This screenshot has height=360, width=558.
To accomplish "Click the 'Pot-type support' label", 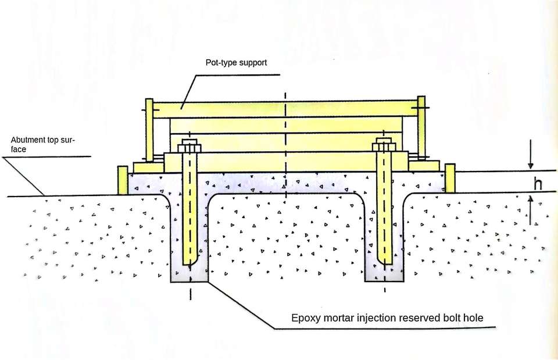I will click(x=236, y=62).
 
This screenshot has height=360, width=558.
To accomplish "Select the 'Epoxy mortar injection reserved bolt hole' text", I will click(x=387, y=318).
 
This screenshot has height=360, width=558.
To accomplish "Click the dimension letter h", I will click(x=538, y=184).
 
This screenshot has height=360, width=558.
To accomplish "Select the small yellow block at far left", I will click(x=122, y=180).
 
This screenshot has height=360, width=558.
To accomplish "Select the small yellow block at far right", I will click(x=450, y=178).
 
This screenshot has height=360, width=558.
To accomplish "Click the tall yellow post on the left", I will click(x=149, y=131).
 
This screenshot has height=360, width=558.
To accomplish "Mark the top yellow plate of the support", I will click(x=285, y=109).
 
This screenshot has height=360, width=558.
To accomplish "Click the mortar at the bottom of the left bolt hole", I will click(x=189, y=273).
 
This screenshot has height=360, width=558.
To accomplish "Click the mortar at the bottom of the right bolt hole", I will click(x=384, y=273).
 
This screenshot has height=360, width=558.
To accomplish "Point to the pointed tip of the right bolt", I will click(x=384, y=261).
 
